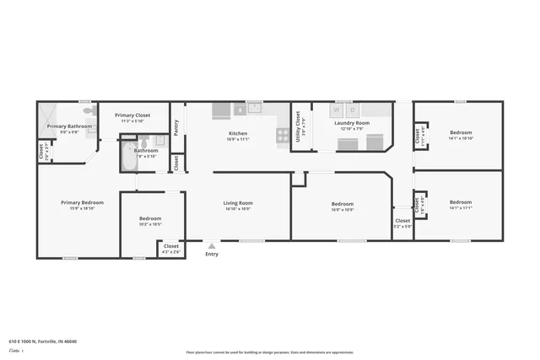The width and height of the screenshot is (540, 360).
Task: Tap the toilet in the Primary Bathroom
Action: [87, 110]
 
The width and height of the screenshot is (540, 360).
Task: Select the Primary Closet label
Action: [132, 116]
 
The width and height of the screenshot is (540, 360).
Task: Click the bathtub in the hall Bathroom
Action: [129, 156]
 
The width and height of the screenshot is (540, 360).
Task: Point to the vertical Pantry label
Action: [175, 126]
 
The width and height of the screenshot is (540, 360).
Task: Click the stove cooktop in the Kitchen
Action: [283, 133]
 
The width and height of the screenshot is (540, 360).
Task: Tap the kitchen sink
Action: [254, 108]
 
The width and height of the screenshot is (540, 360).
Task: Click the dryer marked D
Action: [353, 110]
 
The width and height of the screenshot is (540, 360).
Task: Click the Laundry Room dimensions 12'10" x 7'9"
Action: [352, 129]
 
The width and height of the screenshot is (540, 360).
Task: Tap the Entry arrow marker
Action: [211, 246]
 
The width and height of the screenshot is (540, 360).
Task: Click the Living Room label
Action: [238, 203]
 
